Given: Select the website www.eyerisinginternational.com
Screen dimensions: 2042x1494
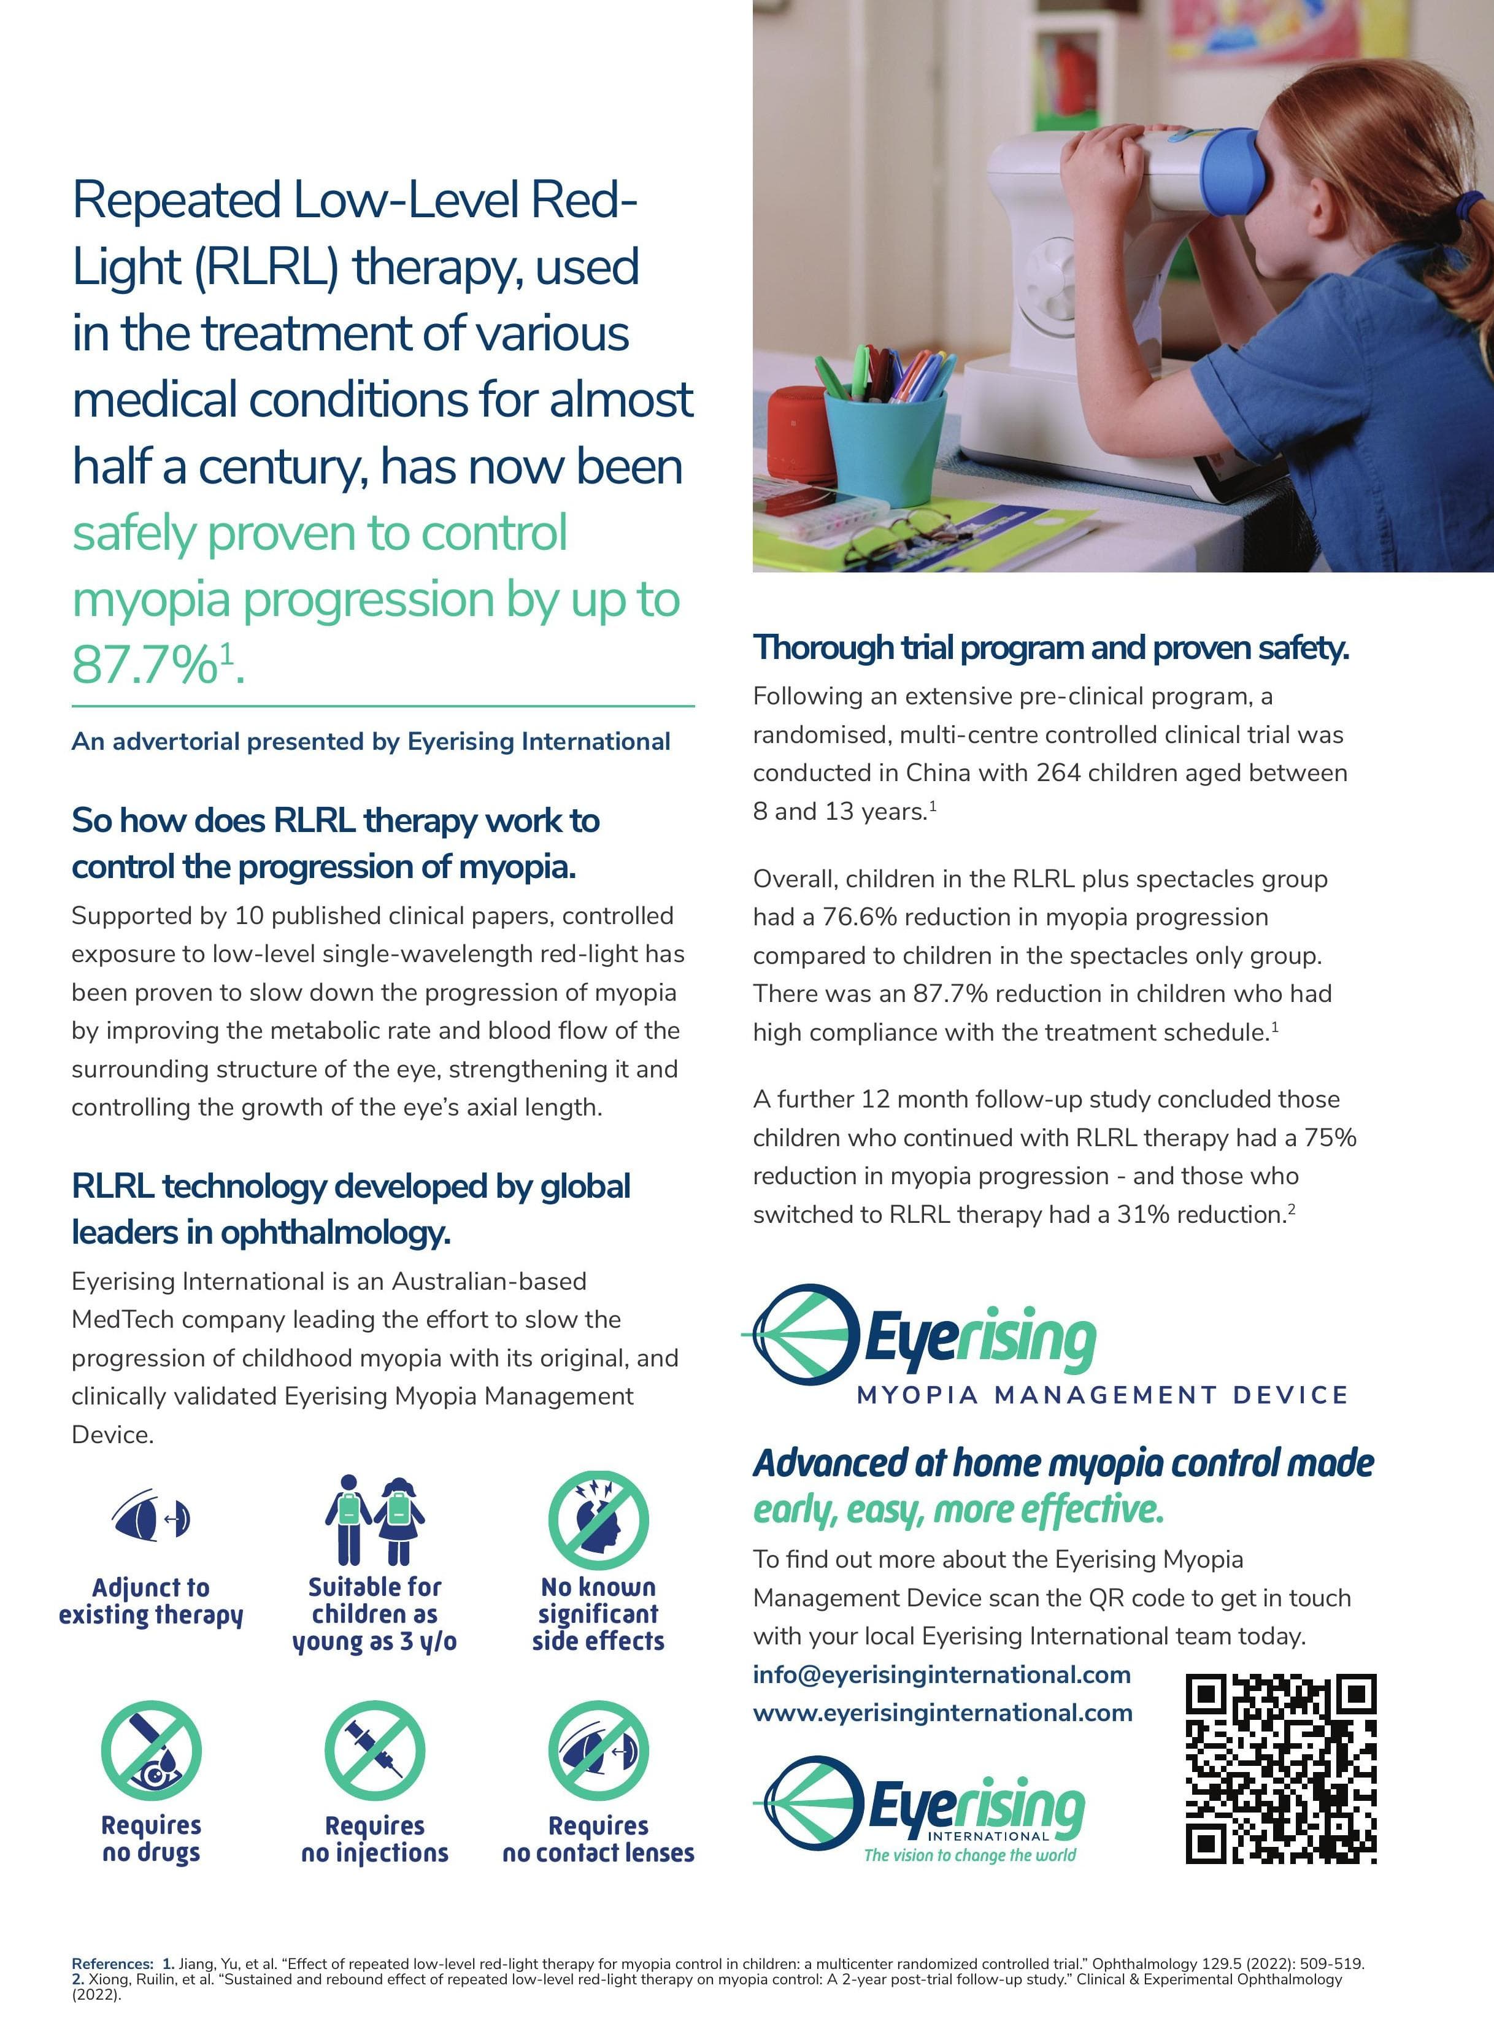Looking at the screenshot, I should point(942,1713).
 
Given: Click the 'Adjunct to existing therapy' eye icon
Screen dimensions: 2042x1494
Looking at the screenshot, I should point(151,1517).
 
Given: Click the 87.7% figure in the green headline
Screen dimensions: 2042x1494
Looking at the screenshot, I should point(145,666).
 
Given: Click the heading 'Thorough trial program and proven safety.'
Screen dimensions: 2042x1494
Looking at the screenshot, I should point(1051,647).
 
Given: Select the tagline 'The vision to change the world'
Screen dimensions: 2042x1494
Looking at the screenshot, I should point(969,1855).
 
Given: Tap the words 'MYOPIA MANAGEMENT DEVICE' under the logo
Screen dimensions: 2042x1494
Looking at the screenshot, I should point(1101,1395).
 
